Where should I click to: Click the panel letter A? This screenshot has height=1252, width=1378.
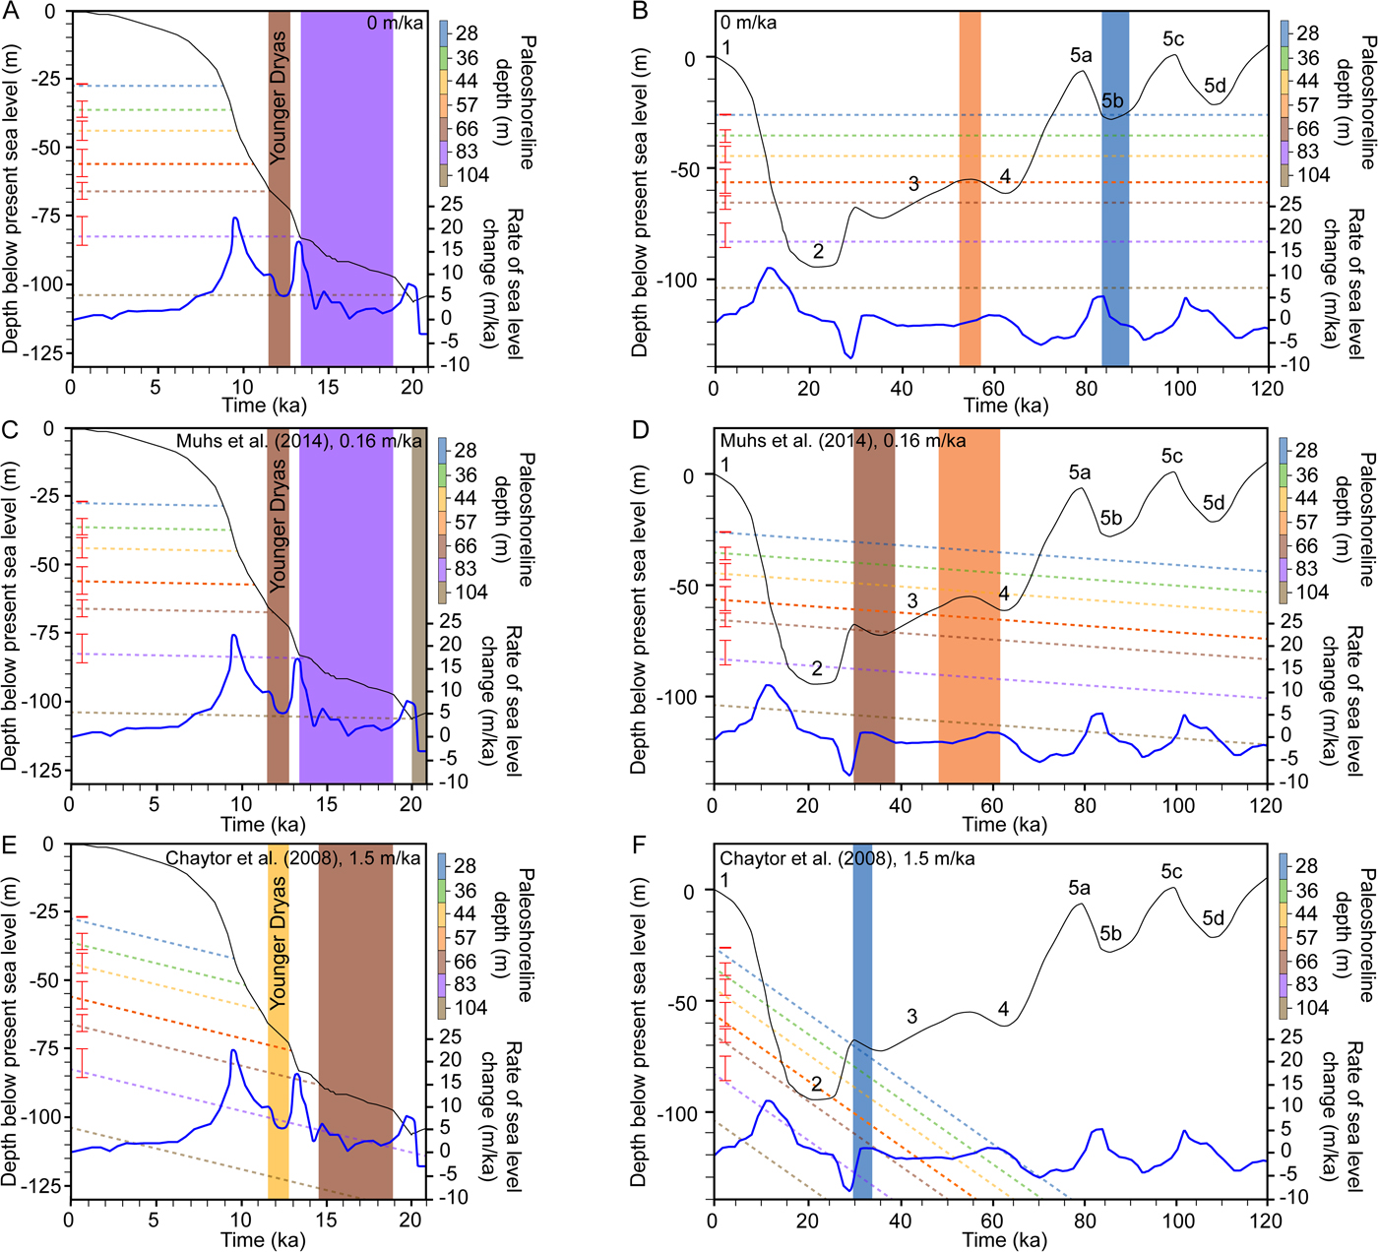[x=11, y=11]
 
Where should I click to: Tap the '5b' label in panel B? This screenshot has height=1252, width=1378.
[x=1112, y=100]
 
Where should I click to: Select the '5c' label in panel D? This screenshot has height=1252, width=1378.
[x=1171, y=456]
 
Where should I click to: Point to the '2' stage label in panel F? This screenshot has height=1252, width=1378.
[x=816, y=1084]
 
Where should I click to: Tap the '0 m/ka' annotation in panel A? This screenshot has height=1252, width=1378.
[x=396, y=23]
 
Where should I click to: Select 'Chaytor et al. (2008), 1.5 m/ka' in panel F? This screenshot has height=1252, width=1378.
[x=846, y=858]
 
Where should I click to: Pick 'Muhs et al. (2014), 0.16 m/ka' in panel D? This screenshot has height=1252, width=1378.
[x=843, y=441]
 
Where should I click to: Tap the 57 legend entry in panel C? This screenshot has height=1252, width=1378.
[x=466, y=522]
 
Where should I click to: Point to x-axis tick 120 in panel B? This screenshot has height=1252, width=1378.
[x=1268, y=388]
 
